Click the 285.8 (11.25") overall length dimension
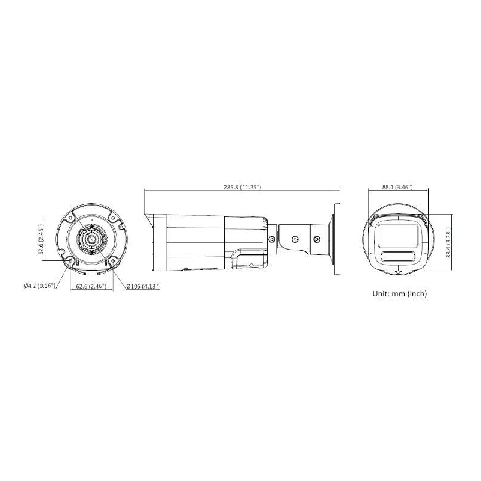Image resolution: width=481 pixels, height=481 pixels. tap(242, 188)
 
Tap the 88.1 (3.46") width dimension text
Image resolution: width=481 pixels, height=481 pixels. tap(397, 188)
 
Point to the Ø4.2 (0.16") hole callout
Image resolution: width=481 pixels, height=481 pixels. tap(40, 286)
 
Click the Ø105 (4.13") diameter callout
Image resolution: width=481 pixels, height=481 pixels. tap(143, 286)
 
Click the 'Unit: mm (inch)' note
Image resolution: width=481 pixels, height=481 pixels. tap(400, 294)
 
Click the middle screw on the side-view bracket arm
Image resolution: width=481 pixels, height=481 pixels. tap(295, 239)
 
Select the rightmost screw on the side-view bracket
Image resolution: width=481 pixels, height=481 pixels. tap(317, 239)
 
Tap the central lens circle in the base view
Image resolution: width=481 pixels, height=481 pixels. tap(90, 239)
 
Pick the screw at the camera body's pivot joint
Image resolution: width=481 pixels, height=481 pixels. tap(272, 239)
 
